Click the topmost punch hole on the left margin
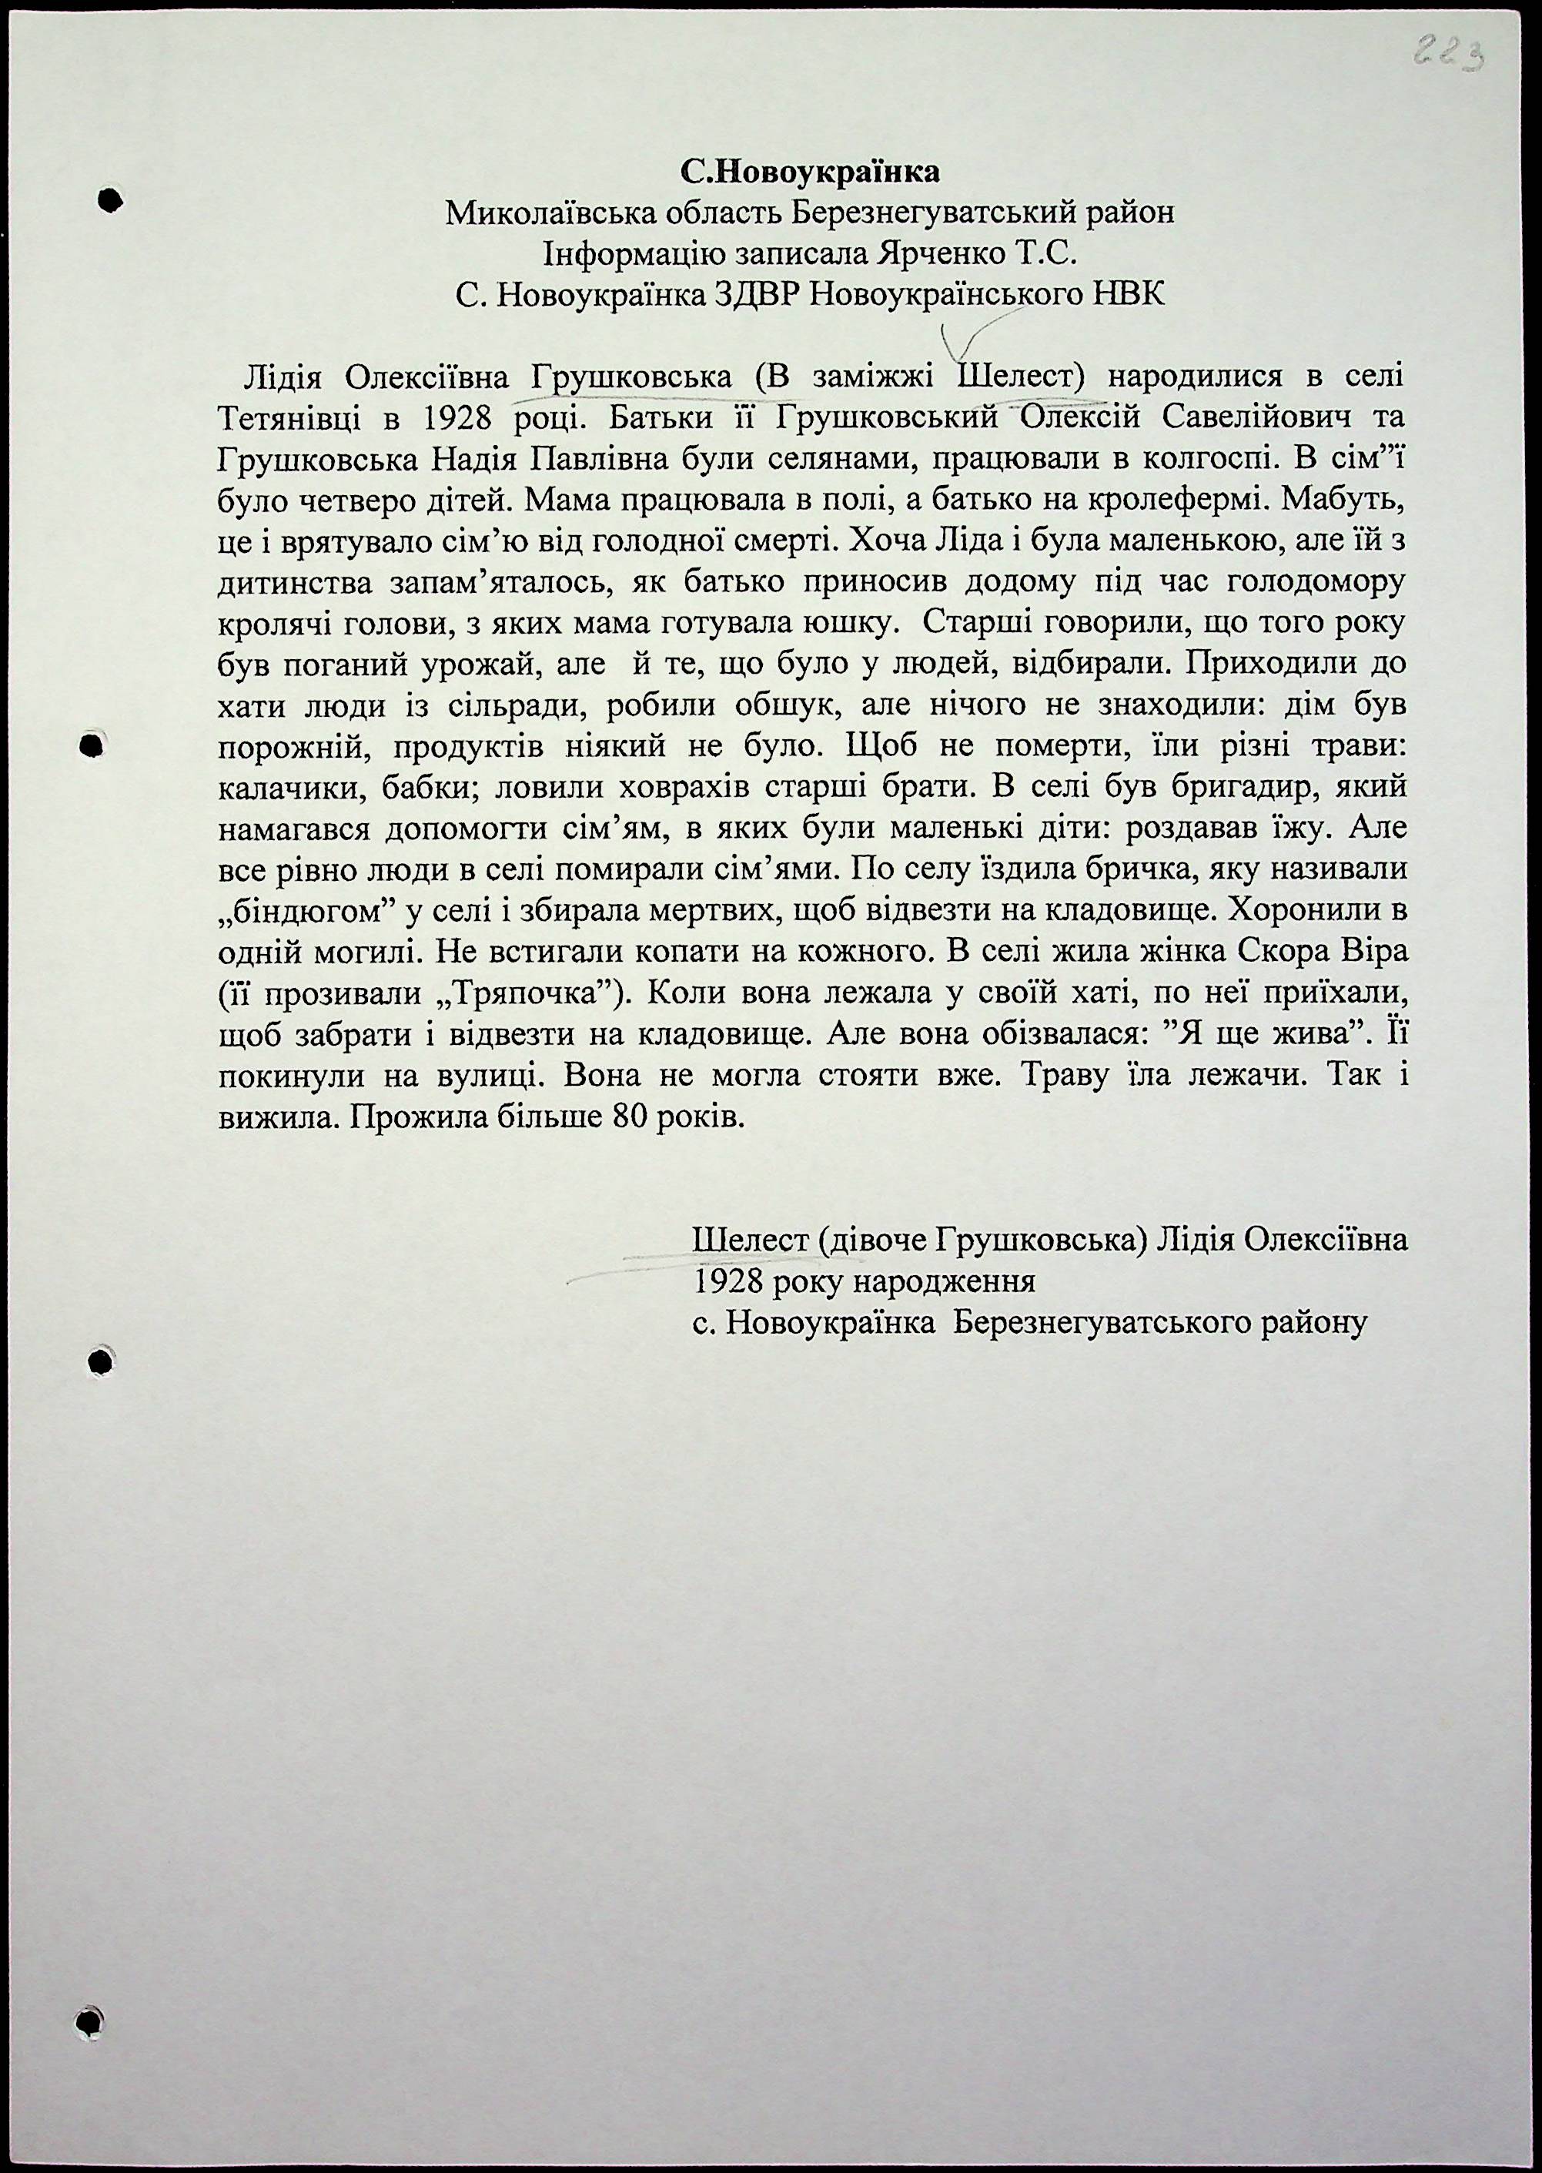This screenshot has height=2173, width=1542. tap(111, 200)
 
